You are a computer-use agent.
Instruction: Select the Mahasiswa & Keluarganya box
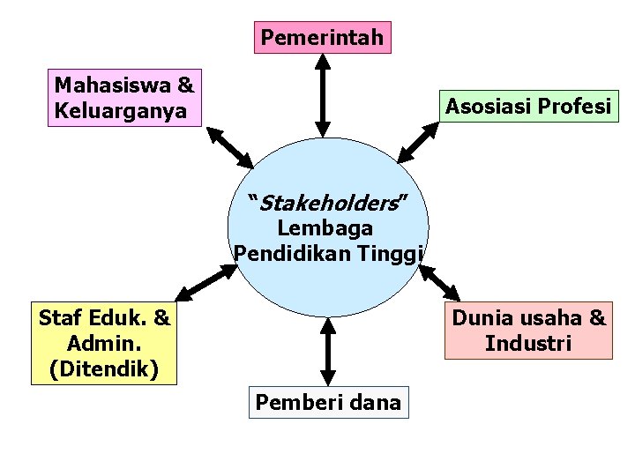[x=124, y=98]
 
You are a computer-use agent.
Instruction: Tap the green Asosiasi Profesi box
[x=528, y=108]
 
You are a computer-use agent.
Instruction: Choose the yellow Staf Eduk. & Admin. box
[x=105, y=343]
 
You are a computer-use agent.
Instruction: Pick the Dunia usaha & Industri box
[x=528, y=330]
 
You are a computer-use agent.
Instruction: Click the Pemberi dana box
[x=328, y=402]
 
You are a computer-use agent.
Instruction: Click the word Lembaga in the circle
[x=325, y=228]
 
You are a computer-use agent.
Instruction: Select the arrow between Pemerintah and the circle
[x=323, y=93]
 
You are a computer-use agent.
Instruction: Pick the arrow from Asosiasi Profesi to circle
[x=417, y=142]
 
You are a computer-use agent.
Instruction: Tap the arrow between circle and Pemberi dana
[x=327, y=350]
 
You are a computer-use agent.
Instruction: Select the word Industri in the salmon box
[x=528, y=343]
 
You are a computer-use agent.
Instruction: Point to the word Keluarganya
[x=120, y=111]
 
